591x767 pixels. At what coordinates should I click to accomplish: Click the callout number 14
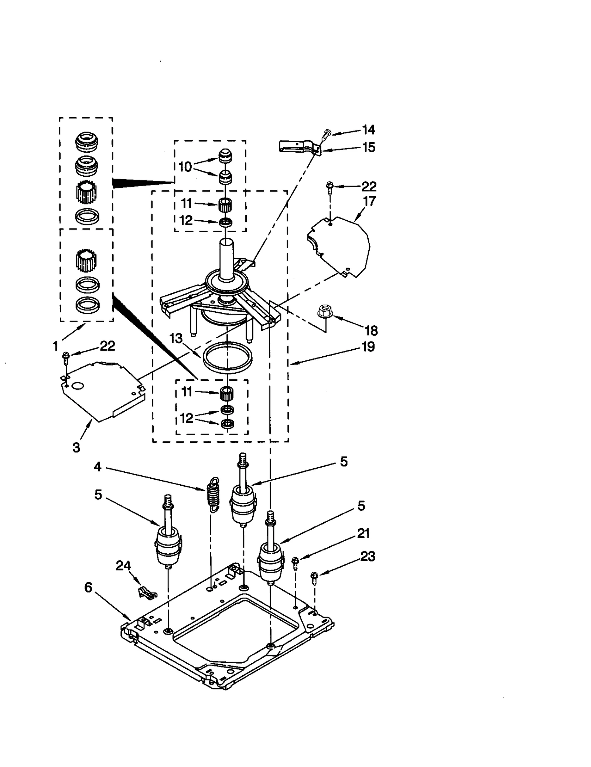click(x=368, y=130)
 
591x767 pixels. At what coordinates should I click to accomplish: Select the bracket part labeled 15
click(x=298, y=146)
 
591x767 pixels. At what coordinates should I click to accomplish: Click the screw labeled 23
click(x=314, y=578)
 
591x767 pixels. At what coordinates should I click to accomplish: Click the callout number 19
click(x=368, y=347)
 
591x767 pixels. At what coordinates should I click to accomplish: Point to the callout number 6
click(x=88, y=587)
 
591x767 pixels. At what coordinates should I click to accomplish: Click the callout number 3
click(x=76, y=448)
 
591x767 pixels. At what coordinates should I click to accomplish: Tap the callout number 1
click(x=55, y=346)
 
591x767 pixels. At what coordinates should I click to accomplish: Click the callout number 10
click(x=185, y=167)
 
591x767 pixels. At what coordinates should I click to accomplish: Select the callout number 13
click(x=176, y=338)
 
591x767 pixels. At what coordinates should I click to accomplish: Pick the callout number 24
click(x=123, y=565)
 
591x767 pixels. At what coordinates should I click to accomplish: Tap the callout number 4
click(x=98, y=467)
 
